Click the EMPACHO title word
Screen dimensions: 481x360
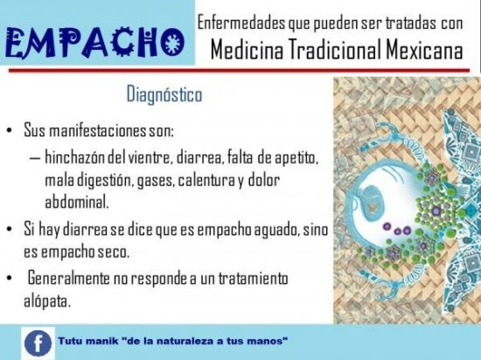click(94, 43)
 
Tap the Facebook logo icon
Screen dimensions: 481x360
click(38, 343)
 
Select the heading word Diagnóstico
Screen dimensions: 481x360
click(164, 94)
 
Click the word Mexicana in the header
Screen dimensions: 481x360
click(424, 50)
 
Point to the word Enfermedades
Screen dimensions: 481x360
click(241, 23)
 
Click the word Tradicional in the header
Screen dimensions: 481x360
click(335, 50)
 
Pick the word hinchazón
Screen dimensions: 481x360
click(75, 157)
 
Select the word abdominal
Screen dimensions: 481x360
click(77, 202)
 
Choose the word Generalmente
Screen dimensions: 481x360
click(69, 279)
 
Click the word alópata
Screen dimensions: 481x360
click(47, 301)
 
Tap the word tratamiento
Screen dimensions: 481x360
click(253, 279)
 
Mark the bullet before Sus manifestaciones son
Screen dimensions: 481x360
click(10, 131)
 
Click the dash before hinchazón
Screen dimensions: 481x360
click(35, 158)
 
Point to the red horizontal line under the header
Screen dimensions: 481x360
click(239, 71)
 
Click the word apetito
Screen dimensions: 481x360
click(296, 158)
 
